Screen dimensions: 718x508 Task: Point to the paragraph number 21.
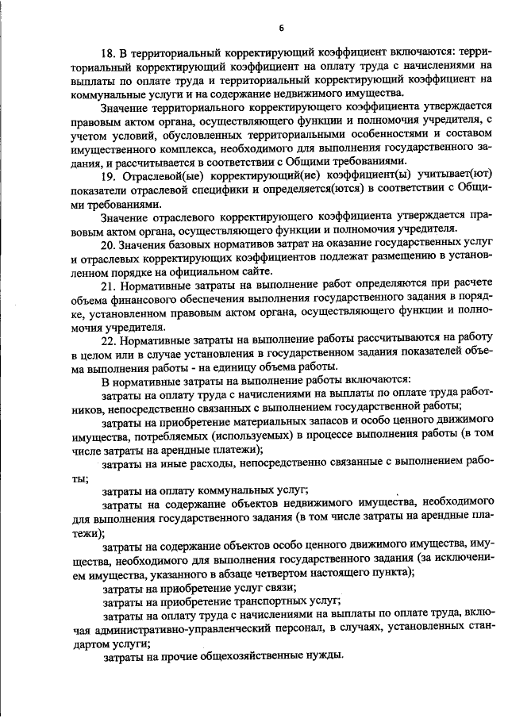(x=109, y=285)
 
